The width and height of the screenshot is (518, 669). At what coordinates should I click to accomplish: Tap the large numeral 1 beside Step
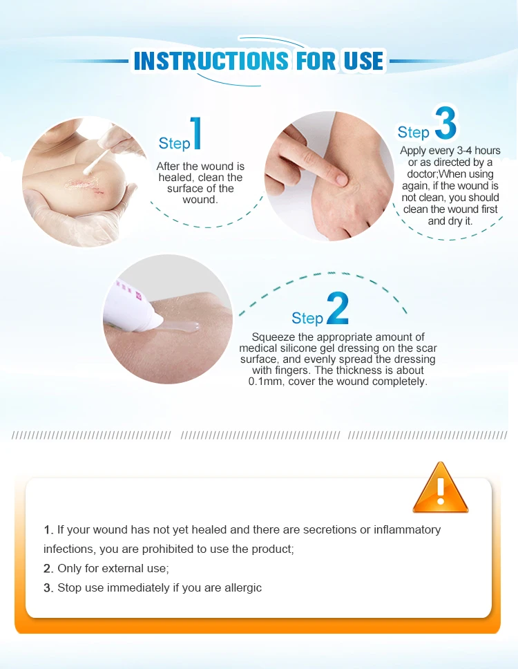click(x=196, y=133)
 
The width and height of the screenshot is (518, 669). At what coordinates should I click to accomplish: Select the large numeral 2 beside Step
click(x=338, y=308)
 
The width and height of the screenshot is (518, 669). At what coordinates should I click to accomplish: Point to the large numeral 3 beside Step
click(x=445, y=122)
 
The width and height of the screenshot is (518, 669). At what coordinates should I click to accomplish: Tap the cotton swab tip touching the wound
click(x=88, y=169)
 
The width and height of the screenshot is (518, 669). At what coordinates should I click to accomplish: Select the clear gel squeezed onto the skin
click(x=180, y=327)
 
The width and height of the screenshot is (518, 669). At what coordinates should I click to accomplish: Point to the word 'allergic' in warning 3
click(x=243, y=588)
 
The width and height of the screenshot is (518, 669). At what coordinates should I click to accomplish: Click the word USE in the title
click(x=363, y=61)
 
